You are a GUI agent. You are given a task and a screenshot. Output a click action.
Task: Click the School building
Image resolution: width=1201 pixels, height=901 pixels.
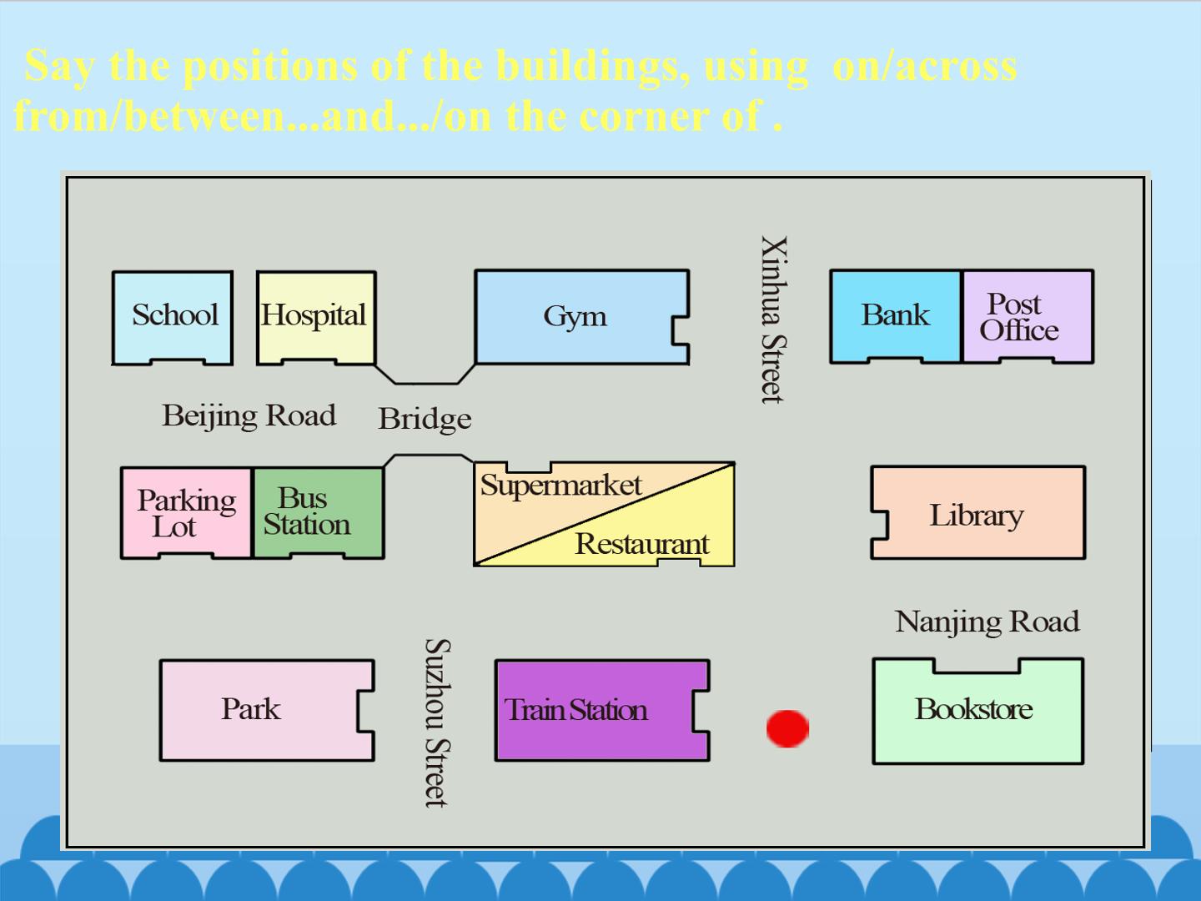tap(173, 318)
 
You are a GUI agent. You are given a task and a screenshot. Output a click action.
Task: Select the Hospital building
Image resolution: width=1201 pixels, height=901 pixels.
tap(316, 318)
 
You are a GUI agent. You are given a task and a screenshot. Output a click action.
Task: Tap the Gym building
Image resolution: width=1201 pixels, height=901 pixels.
tap(581, 317)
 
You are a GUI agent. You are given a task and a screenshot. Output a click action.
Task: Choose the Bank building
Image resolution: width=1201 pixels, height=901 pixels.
tap(896, 316)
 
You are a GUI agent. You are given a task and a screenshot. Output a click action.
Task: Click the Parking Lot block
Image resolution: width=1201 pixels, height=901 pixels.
tap(187, 512)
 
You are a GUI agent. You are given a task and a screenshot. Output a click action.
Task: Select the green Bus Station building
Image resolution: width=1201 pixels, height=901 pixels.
tap(319, 512)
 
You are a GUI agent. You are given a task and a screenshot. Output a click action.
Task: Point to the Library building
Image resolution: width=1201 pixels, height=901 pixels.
tap(977, 512)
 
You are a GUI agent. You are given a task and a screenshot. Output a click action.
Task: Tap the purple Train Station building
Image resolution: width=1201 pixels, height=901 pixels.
tap(602, 710)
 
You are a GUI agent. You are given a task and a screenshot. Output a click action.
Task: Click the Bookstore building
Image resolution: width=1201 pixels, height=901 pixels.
tap(977, 711)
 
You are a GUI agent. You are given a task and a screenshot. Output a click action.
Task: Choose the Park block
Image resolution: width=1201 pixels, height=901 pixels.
tap(266, 710)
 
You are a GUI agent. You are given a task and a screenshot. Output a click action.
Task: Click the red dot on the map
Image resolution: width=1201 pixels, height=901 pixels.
tap(787, 728)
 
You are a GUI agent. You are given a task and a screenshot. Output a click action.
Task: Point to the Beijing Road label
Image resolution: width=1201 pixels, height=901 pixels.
tap(249, 415)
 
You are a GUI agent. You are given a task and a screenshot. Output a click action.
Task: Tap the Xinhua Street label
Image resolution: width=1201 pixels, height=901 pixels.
tap(774, 320)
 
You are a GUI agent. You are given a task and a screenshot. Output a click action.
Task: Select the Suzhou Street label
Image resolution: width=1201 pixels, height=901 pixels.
tap(438, 722)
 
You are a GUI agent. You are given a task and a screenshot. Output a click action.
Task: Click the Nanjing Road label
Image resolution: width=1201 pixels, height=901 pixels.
tap(987, 622)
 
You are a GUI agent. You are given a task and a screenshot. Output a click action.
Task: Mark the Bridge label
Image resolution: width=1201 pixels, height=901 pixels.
tap(425, 420)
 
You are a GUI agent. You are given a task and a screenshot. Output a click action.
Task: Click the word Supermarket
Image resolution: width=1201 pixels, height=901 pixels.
tap(560, 486)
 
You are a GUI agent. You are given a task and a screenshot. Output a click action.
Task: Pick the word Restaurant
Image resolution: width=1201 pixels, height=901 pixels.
tap(642, 544)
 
